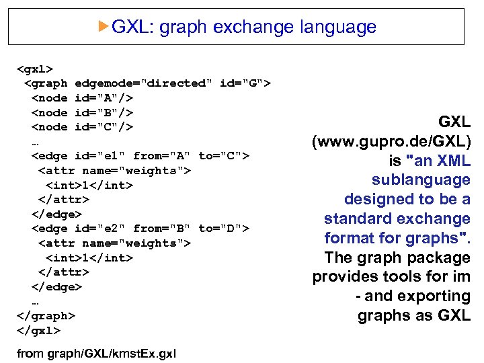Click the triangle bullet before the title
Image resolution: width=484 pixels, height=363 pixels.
pos(103,26)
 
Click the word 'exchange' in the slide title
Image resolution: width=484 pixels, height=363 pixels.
pos(254,28)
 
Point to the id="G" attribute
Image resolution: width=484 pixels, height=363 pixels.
pos(245,83)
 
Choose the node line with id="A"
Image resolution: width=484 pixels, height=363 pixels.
pos(82,98)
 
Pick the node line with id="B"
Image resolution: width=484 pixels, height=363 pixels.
pos(82,112)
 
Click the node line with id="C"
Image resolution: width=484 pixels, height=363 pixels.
pos(82,127)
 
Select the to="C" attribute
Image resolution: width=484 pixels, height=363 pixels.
pos(224,156)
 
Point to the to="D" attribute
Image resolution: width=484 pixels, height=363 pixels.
pos(224,229)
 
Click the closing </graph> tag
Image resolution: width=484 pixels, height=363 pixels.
pos(46,316)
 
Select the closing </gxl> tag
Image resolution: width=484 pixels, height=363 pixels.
pos(38,330)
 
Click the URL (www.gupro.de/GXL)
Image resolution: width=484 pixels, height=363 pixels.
pos(391,142)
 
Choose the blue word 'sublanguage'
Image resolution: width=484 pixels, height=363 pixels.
pos(421,180)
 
